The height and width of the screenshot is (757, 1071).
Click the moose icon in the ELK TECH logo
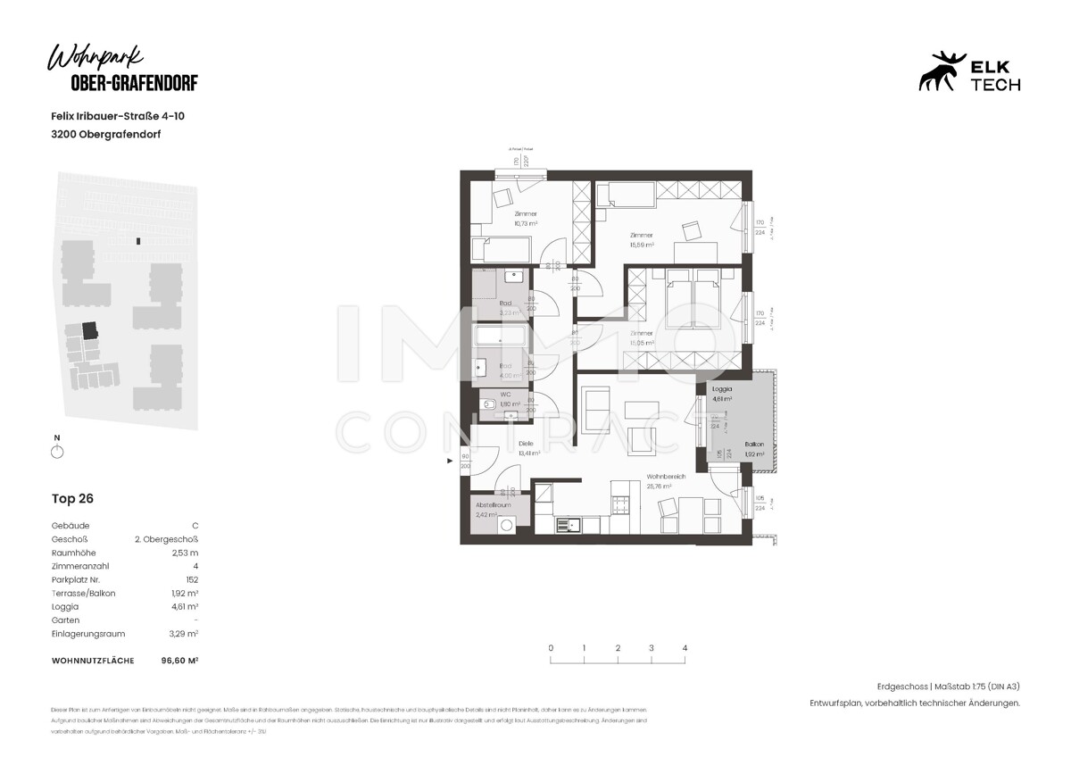(942, 71)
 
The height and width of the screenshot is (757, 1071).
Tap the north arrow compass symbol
(58, 452)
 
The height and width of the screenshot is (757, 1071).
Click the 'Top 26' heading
(72, 499)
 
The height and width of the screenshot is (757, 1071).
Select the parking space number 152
(190, 579)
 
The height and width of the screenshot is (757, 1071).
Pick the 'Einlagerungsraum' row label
(88, 634)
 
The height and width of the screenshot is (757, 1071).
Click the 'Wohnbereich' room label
(666, 477)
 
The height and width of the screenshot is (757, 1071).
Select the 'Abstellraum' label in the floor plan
(493, 504)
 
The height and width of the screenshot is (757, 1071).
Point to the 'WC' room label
(504, 394)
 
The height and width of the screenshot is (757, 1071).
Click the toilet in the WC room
(489, 406)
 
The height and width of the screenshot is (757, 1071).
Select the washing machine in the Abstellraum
(507, 525)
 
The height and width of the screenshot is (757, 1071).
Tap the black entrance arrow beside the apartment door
(450, 461)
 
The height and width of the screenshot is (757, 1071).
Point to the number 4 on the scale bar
(685, 648)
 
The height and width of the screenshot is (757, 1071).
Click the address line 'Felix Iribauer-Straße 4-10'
(118, 116)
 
